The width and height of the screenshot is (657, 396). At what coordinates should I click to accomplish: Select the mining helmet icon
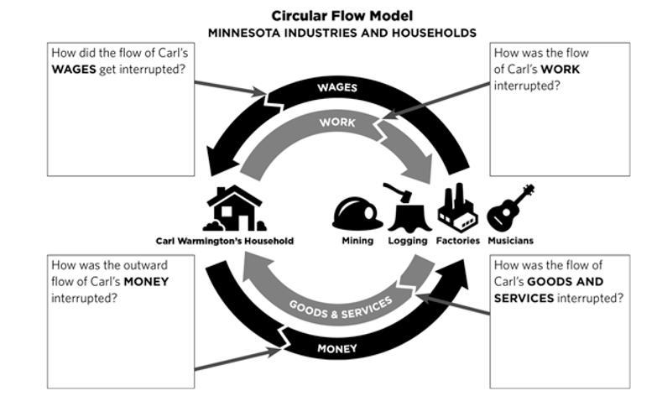pyautogui.click(x=357, y=212)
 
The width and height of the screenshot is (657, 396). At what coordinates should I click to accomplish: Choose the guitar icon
pyautogui.click(x=510, y=206)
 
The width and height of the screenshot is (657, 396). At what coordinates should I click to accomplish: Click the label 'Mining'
pyautogui.click(x=357, y=241)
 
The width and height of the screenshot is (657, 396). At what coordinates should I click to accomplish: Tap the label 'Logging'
pyautogui.click(x=407, y=241)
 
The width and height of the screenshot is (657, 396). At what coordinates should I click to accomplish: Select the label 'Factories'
pyautogui.click(x=458, y=241)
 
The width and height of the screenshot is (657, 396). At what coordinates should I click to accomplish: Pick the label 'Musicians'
pyautogui.click(x=510, y=241)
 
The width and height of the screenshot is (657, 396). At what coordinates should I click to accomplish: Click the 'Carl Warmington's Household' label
pyautogui.click(x=225, y=241)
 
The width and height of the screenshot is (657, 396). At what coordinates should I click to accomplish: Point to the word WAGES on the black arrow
pyautogui.click(x=337, y=87)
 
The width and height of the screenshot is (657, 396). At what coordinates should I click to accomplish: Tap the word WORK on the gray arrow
pyautogui.click(x=337, y=122)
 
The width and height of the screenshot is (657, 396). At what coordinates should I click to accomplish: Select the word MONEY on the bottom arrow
pyautogui.click(x=337, y=347)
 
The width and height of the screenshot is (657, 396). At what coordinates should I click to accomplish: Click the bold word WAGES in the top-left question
pyautogui.click(x=74, y=68)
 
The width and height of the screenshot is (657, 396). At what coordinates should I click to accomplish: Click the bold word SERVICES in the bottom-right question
pyautogui.click(x=524, y=298)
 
